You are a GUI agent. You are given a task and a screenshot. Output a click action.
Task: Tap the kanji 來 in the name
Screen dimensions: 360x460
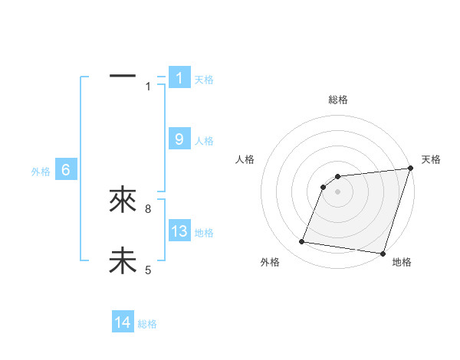pyautogui.click(x=123, y=201)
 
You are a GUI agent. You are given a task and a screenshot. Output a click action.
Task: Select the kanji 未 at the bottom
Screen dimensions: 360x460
pyautogui.click(x=123, y=261)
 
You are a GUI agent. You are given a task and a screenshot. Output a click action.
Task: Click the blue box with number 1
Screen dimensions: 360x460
pyautogui.click(x=179, y=77)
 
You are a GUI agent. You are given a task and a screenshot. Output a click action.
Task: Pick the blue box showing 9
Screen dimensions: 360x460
pyautogui.click(x=179, y=139)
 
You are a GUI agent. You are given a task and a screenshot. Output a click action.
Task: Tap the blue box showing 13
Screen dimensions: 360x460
pyautogui.click(x=179, y=231)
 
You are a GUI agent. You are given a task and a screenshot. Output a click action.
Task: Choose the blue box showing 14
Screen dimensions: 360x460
pyautogui.click(x=123, y=322)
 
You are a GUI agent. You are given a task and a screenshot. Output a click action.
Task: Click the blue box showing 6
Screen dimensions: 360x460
pyautogui.click(x=66, y=170)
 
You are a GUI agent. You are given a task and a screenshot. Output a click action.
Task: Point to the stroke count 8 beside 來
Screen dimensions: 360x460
pyautogui.click(x=148, y=208)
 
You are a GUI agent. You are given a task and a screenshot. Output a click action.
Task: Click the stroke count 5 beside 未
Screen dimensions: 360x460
pyautogui.click(x=148, y=270)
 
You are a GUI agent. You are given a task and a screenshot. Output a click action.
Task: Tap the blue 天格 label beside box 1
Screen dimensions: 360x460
pyautogui.click(x=204, y=79)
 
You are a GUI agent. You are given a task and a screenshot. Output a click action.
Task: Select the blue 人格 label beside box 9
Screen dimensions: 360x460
pyautogui.click(x=204, y=141)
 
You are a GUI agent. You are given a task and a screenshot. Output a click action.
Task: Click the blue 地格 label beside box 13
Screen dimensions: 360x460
pyautogui.click(x=204, y=233)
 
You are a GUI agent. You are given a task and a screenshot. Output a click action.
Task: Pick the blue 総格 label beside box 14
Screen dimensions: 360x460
pyautogui.click(x=147, y=324)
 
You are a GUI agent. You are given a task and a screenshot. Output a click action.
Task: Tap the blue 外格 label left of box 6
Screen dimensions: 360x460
pyautogui.click(x=41, y=172)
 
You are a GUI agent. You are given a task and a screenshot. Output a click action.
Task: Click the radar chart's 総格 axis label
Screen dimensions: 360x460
pyautogui.click(x=337, y=100)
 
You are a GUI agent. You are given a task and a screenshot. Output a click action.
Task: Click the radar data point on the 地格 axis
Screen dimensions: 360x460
pyautogui.click(x=382, y=253)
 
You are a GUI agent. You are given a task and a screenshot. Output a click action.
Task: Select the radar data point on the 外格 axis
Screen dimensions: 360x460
pyautogui.click(x=302, y=242)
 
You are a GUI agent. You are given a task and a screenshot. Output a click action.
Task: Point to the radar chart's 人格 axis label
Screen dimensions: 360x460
pyautogui.click(x=245, y=159)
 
